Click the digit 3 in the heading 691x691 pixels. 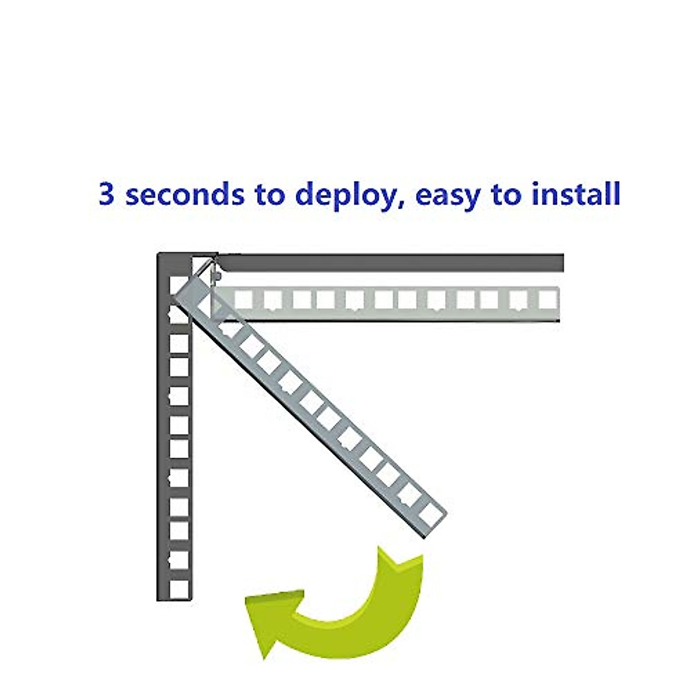click(x=107, y=194)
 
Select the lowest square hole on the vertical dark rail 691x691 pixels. click(x=179, y=587)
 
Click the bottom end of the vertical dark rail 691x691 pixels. click(x=174, y=599)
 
